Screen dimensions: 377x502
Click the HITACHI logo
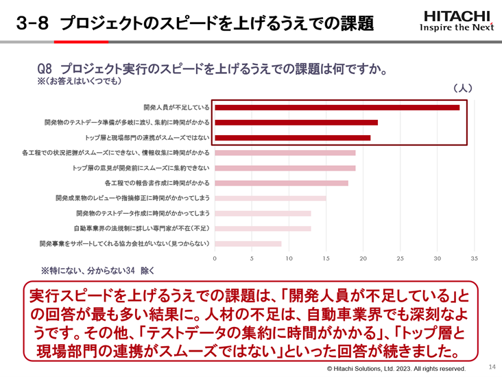[456, 21]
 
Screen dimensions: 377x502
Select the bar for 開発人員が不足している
[337, 108]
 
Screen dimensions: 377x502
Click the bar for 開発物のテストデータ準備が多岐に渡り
[296, 123]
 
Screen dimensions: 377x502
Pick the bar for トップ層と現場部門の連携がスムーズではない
[293, 138]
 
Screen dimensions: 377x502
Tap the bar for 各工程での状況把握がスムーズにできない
[285, 153]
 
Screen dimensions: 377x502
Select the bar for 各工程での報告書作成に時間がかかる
[282, 183]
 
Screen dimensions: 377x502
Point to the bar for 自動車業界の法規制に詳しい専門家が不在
[263, 228]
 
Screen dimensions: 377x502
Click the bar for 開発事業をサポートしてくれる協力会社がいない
[248, 243]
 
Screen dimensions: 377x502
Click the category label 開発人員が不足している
[176, 108]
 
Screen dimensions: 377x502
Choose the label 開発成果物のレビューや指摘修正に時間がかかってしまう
[132, 198]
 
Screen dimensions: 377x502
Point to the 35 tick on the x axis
[474, 259]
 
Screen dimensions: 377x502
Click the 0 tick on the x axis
[215, 259]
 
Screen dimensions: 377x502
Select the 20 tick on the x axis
[363, 259]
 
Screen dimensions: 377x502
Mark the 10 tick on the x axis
[289, 259]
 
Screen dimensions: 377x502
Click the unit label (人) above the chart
[463, 88]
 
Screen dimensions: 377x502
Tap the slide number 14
[492, 367]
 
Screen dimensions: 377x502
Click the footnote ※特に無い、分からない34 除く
[99, 271]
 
